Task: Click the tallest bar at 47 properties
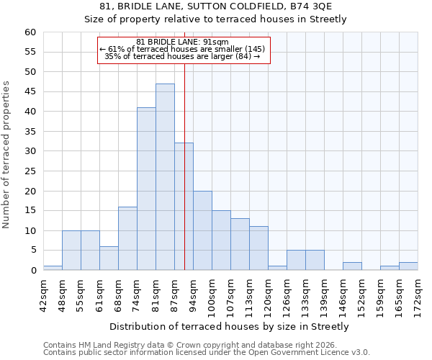pos(165,177)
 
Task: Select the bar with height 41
pos(146,189)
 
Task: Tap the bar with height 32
pos(184,207)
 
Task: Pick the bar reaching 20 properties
pos(202,230)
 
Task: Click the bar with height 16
pos(127,238)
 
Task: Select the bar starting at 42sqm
pos(53,268)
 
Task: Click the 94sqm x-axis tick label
pos(194,294)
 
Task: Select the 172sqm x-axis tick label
pos(418,294)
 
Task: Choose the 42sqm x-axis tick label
pos(44,294)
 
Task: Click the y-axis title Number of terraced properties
pos(7,155)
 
